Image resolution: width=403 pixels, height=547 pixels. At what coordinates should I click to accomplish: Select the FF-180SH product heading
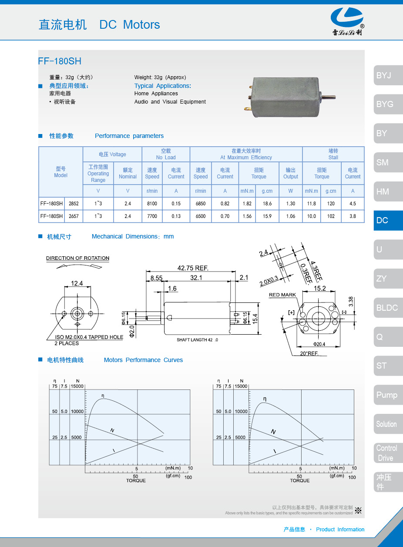[x=60, y=61]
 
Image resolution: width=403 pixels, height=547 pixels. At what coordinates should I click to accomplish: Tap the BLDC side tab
[x=387, y=308]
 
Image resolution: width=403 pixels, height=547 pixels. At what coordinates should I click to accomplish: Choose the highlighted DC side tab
[x=387, y=221]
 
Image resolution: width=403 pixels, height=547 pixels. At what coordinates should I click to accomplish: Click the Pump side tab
[x=387, y=395]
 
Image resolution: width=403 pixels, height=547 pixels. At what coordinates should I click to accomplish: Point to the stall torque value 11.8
[x=312, y=204]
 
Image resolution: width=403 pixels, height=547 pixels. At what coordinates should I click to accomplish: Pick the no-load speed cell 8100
[x=152, y=204]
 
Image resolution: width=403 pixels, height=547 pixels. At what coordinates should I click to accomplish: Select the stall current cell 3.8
[x=353, y=216]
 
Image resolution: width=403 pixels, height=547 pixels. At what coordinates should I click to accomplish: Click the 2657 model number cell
[x=74, y=216]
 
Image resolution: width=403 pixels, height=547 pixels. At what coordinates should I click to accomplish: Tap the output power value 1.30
[x=291, y=204]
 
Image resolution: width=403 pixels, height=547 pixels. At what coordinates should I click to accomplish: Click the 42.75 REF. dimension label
[x=193, y=268]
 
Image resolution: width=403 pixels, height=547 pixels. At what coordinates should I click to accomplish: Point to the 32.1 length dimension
[x=197, y=278]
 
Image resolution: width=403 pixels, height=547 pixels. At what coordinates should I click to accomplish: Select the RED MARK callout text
[x=282, y=295]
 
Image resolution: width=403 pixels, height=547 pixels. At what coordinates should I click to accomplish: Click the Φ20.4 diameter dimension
[x=319, y=344]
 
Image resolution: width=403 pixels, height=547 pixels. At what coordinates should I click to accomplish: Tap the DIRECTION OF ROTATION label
[x=77, y=258]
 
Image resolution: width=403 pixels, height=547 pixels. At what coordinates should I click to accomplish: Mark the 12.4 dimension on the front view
[x=77, y=284]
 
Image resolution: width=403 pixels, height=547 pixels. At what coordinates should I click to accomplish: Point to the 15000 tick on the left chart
[x=77, y=386]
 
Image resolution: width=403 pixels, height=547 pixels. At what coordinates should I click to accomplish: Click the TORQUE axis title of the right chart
[x=300, y=480]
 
